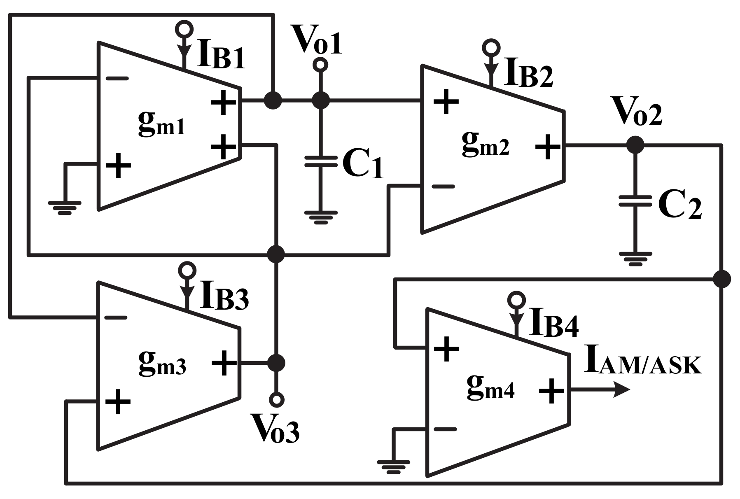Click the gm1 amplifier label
pos(161,124)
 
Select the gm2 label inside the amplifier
pos(485,145)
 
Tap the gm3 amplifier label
pos(162,364)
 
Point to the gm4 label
pos(490,388)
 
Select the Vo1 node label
pos(316,40)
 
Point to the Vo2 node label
pos(637,112)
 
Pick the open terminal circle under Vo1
pos(320,65)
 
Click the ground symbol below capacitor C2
pos(635,259)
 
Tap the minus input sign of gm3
pos(116,317)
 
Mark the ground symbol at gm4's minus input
pos(394,466)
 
